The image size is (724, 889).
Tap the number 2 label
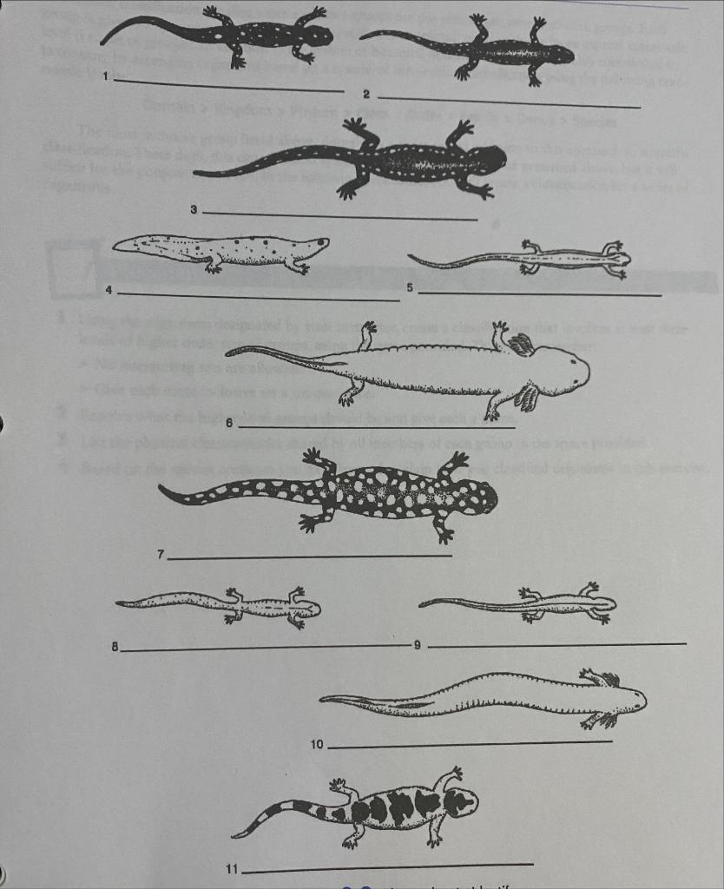[366, 94]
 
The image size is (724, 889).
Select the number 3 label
[194, 209]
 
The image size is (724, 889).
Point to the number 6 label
[229, 423]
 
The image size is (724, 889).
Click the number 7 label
[161, 554]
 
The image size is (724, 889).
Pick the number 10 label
[317, 745]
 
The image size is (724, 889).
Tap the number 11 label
[232, 869]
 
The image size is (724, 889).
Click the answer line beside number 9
[556, 644]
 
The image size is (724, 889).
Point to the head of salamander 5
[617, 259]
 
